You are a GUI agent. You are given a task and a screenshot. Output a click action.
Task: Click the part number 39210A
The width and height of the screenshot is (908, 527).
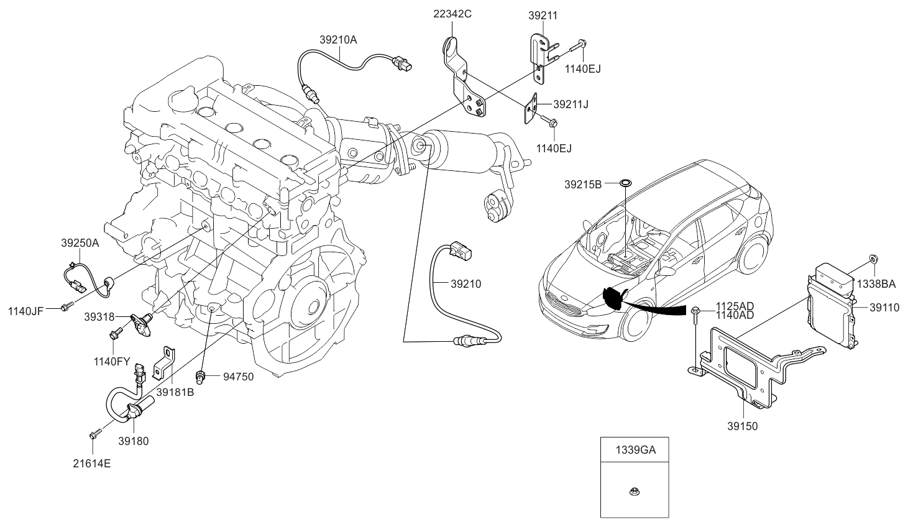pyautogui.click(x=338, y=40)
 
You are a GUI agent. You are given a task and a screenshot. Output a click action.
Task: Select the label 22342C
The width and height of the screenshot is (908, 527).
pyautogui.click(x=452, y=12)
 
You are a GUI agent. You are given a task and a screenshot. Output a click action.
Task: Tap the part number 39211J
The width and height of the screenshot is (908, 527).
pyautogui.click(x=571, y=104)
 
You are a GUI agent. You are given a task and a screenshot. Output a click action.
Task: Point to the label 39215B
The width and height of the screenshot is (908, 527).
pyautogui.click(x=583, y=184)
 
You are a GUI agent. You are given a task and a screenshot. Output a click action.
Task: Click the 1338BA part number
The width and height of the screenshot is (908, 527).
pyautogui.click(x=877, y=284)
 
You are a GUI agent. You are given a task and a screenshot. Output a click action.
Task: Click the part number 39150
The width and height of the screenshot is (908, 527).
pyautogui.click(x=743, y=426)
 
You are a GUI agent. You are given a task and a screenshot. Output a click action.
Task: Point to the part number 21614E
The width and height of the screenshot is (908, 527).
pyautogui.click(x=93, y=462)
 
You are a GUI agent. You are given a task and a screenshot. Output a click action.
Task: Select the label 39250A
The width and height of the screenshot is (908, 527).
pyautogui.click(x=80, y=244)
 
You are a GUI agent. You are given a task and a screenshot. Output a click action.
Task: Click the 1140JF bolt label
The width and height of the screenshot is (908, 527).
pyautogui.click(x=25, y=310)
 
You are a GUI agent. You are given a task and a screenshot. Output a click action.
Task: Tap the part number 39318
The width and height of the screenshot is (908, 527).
pyautogui.click(x=99, y=316)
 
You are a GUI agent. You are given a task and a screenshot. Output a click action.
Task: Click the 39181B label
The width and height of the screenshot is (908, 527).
pyautogui.click(x=175, y=392)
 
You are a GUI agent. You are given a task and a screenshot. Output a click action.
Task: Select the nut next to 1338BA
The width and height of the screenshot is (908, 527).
pyautogui.click(x=873, y=259)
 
